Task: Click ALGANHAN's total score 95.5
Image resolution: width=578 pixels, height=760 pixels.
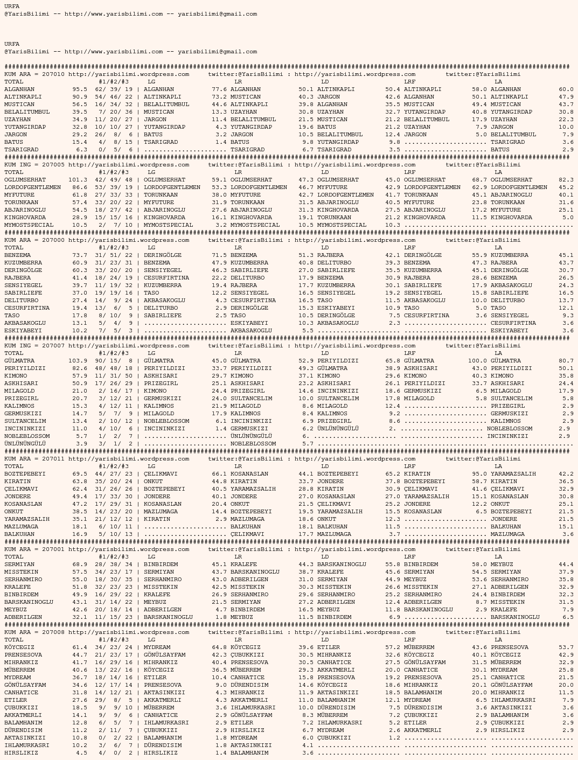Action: pyautogui.click(x=79, y=89)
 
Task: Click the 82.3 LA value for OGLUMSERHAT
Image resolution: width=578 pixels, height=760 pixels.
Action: pyautogui.click(x=566, y=180)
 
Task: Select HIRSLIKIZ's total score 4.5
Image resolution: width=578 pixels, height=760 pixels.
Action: pyautogui.click(x=81, y=753)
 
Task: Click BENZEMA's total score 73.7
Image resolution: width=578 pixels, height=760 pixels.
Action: pyautogui.click(x=79, y=255)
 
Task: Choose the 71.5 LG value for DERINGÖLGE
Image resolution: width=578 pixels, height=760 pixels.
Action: pyautogui.click(x=219, y=255)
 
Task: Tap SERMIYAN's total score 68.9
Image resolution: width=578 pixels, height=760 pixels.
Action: pyautogui.click(x=79, y=564)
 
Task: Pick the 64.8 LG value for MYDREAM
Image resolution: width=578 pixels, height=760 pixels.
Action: pyautogui.click(x=219, y=647)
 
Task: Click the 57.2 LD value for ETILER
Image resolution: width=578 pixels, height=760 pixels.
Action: pyautogui.click(x=392, y=647)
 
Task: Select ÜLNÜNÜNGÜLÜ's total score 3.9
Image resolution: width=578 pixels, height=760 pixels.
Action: pyautogui.click(x=81, y=444)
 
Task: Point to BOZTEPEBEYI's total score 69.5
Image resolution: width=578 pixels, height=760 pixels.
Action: pyautogui.click(x=79, y=474)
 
